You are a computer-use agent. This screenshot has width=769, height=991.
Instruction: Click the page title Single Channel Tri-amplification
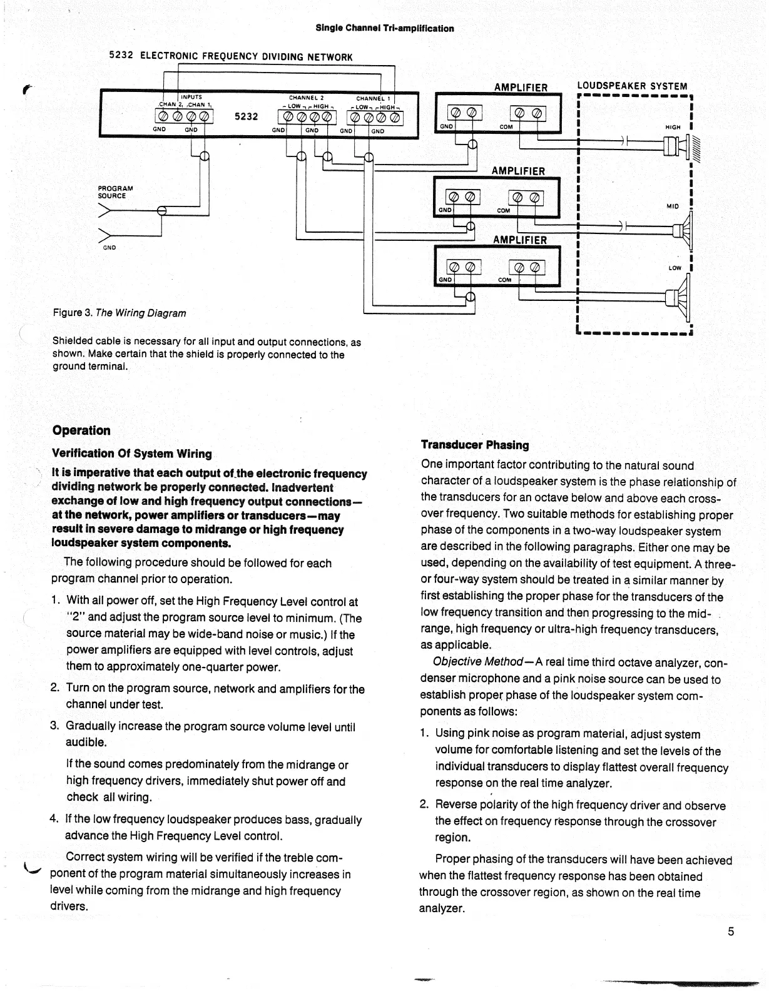tap(384, 28)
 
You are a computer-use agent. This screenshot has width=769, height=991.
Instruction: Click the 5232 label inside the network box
tap(246, 116)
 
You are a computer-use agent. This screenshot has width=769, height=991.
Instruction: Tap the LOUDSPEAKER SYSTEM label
tap(631, 86)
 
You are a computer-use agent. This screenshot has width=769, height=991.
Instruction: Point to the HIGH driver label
tap(673, 127)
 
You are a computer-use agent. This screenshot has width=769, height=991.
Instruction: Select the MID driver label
tap(673, 206)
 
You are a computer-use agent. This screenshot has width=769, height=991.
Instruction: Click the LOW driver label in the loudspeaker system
tap(675, 268)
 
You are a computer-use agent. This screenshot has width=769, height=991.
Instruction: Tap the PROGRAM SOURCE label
tap(115, 192)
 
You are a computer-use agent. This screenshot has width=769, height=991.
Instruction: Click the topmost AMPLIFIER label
tap(521, 88)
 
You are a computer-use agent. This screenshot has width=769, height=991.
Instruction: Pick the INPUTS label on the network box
tap(191, 97)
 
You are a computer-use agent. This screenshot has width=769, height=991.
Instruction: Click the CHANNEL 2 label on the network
tap(306, 98)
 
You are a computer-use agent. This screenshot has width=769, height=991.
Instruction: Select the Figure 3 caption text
tap(119, 313)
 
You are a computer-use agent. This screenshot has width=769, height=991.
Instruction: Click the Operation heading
tap(81, 430)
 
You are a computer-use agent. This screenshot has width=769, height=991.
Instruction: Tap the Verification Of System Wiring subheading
tap(131, 454)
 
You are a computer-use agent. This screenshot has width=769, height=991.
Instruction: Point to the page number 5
tap(730, 932)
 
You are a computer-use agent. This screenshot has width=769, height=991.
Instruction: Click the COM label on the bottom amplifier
tap(504, 280)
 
